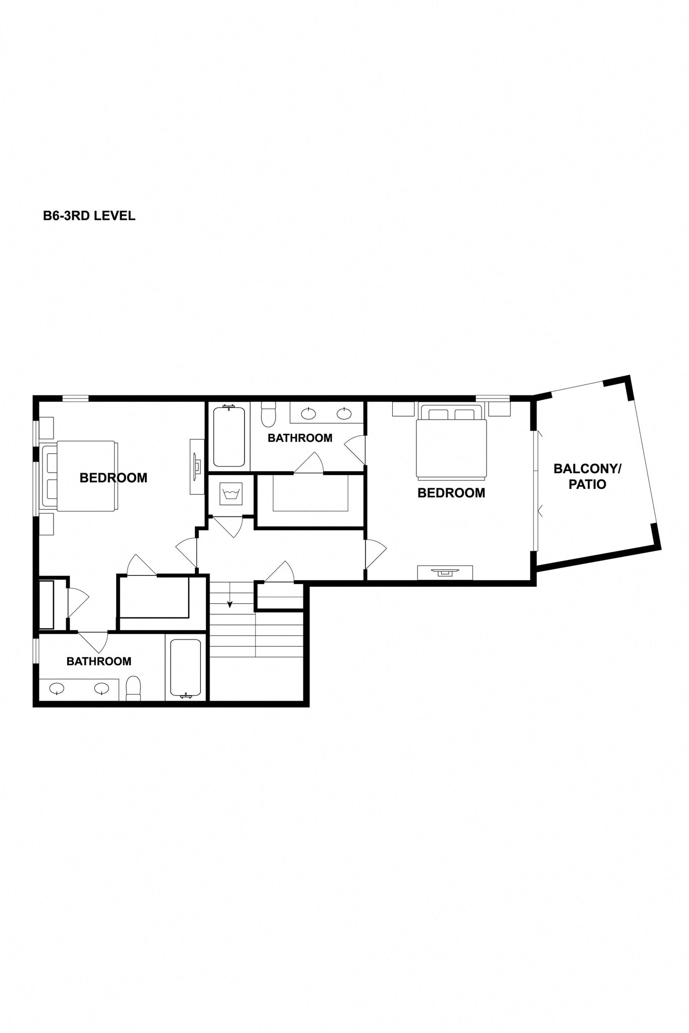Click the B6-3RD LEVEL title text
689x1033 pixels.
point(89,216)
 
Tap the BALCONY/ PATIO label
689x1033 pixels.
point(587,476)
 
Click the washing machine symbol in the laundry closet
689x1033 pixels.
point(231,493)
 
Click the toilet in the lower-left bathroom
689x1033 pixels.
point(133,688)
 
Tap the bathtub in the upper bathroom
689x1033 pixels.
point(229,436)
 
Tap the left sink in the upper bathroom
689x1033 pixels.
point(308,414)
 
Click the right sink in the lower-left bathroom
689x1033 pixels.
point(101,687)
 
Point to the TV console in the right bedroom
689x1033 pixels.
point(445,572)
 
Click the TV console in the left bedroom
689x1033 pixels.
point(197,466)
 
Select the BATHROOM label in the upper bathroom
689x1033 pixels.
point(300,438)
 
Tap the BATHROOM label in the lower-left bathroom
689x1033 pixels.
point(99,661)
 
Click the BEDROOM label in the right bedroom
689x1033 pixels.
point(451,493)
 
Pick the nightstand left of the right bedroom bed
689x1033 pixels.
point(403,409)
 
